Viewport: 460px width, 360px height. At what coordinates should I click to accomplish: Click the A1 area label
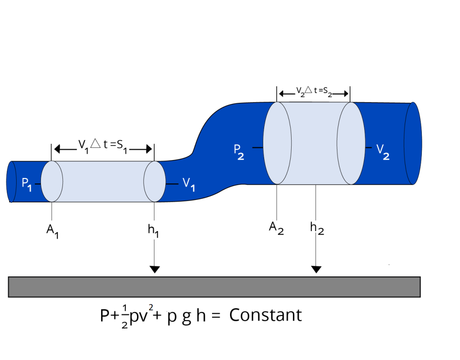click(x=53, y=231)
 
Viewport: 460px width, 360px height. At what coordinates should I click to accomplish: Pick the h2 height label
click(x=317, y=228)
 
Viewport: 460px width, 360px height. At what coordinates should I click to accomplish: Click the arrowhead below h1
click(x=155, y=269)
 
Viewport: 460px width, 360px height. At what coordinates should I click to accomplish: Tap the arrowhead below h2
click(x=316, y=269)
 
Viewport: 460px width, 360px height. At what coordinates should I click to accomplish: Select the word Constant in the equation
click(x=265, y=315)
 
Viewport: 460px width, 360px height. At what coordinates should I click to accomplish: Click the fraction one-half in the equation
click(x=124, y=317)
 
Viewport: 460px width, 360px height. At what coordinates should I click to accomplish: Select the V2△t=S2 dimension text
click(x=314, y=93)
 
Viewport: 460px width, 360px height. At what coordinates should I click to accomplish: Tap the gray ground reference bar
click(x=214, y=287)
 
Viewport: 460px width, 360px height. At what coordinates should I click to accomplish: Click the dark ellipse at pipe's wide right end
click(x=413, y=143)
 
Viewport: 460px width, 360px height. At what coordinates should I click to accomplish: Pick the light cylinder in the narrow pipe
click(x=103, y=182)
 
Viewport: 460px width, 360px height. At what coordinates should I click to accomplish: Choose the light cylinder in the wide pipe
click(x=314, y=143)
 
